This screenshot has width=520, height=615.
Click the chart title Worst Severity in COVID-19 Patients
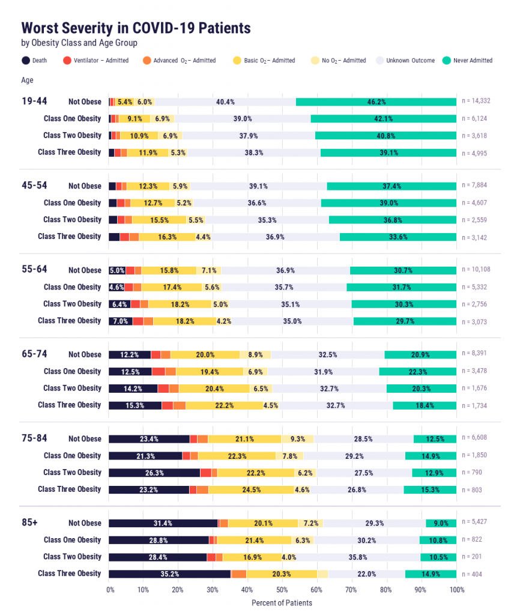pos(136,28)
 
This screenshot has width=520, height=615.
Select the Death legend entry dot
pos(25,61)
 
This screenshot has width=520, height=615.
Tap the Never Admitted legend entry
pos(467,61)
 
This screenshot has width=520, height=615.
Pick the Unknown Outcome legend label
pos(410,61)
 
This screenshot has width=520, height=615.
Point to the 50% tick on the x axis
pos(282,590)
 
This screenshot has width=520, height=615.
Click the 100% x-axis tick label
pos(457,590)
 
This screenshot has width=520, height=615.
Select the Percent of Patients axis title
pos(282,603)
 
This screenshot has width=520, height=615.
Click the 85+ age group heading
pos(30,523)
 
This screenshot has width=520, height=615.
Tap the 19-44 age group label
pos(34,101)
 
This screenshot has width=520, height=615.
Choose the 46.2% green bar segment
pos(376,102)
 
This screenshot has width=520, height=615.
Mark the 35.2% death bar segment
pos(170,574)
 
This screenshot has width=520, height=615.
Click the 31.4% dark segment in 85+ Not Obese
pos(163,523)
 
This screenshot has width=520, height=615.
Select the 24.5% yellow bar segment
pos(251,490)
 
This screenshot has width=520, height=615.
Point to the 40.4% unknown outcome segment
pos(225,102)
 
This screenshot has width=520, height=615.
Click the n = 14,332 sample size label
pos(476,101)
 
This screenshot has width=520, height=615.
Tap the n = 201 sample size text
pos(472,557)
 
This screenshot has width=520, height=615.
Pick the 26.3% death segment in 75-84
pos(154,473)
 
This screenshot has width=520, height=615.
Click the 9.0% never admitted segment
pos(441,523)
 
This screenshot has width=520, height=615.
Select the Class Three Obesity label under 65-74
pos(70,405)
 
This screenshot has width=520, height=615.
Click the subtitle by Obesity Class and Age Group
pos(79,43)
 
